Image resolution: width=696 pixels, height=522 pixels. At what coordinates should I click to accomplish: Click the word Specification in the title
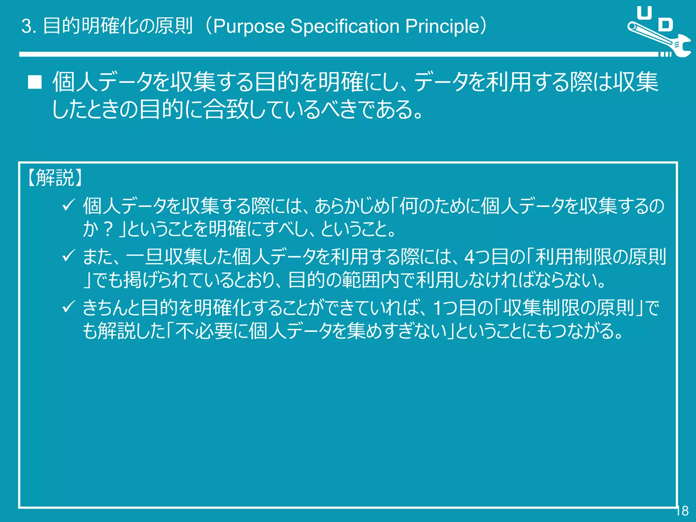[345, 27]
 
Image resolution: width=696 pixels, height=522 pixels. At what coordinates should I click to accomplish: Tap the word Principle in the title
[442, 27]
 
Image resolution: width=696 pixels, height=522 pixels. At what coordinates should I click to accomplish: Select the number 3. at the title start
[29, 27]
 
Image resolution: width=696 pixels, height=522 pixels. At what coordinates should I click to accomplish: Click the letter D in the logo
[665, 25]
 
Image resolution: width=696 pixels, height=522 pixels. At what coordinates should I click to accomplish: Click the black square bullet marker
[35, 82]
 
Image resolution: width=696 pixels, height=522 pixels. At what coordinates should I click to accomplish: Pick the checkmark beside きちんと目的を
[68, 307]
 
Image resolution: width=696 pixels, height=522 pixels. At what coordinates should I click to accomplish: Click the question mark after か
[108, 229]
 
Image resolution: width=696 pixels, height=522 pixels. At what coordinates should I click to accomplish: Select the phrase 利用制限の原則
[600, 257]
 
